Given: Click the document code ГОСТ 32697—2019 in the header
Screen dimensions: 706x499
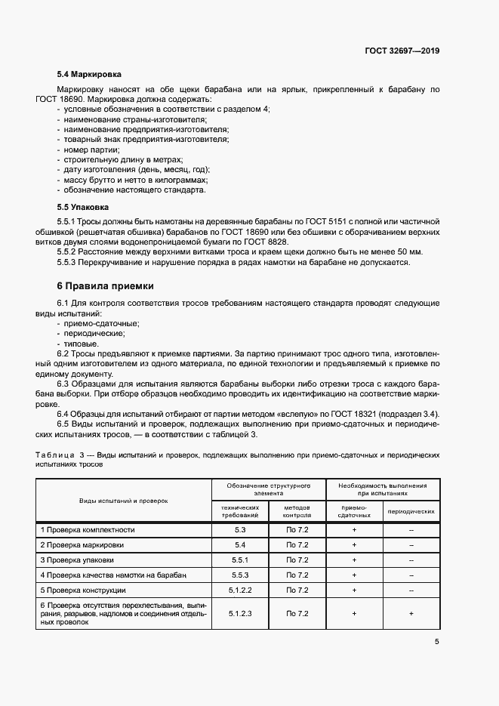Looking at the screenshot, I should (x=401, y=51).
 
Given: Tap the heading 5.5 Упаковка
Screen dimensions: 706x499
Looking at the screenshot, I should (x=83, y=206).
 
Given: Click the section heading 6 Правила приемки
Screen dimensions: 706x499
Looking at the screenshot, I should (x=105, y=286).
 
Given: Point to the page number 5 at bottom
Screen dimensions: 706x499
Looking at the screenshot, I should (x=436, y=642).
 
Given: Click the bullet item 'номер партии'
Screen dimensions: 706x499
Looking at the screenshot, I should (x=85, y=150).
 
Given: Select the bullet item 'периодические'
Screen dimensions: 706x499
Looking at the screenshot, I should (x=95, y=333).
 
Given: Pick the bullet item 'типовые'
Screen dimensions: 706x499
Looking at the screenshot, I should (x=82, y=343).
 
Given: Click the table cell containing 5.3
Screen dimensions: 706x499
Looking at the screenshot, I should (x=240, y=530).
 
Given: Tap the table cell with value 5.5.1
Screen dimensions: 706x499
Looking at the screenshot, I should (x=240, y=560).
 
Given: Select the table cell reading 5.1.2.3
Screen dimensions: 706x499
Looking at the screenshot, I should (x=240, y=614).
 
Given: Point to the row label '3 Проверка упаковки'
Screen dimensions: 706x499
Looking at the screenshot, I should (x=78, y=560).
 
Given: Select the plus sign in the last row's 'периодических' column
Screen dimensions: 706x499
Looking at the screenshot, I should (x=411, y=614).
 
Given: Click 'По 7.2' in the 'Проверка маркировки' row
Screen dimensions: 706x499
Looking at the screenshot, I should (x=297, y=545).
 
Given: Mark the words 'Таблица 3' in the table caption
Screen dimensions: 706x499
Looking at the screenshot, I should (x=63, y=456).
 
